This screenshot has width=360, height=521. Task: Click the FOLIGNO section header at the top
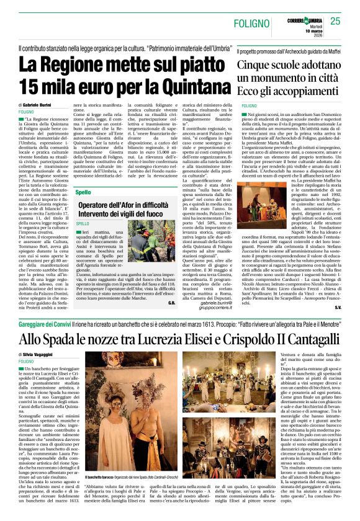[251, 23]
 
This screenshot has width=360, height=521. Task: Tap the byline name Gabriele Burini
[45, 105]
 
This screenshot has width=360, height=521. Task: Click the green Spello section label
[83, 193]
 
